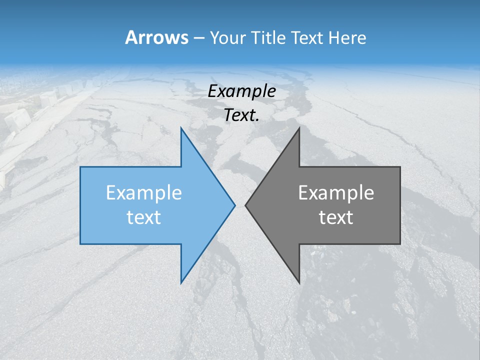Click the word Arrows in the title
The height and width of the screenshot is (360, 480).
click(x=156, y=37)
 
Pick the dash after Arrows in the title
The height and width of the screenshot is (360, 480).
click(x=198, y=38)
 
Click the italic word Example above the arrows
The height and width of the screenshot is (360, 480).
click(x=242, y=91)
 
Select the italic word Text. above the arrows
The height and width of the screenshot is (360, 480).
click(x=242, y=115)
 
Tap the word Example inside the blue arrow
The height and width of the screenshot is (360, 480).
click(x=144, y=193)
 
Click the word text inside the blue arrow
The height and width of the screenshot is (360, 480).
click(x=144, y=217)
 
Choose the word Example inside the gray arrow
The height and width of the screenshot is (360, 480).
click(x=336, y=193)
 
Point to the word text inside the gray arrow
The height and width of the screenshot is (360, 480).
click(x=336, y=217)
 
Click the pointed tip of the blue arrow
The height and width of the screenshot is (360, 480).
click(x=234, y=205)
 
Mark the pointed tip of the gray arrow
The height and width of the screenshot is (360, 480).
click(x=245, y=205)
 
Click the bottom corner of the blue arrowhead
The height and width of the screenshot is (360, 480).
click(x=181, y=282)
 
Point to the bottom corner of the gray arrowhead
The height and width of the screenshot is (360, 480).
click(x=299, y=282)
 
